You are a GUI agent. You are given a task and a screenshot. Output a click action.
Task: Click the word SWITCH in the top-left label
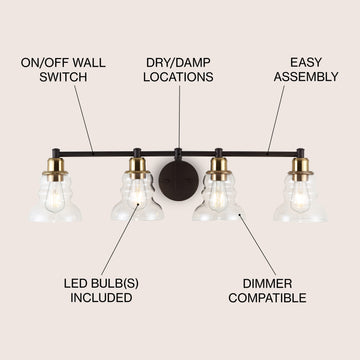(63, 77)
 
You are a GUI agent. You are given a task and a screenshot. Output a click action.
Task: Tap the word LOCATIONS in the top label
(178, 77)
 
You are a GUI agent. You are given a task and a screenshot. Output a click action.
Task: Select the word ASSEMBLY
(306, 77)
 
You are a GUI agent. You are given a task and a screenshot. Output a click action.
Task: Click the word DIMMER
(267, 284)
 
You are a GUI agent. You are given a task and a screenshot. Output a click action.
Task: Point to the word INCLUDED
(101, 298)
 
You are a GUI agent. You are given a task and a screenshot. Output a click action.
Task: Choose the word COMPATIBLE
(267, 298)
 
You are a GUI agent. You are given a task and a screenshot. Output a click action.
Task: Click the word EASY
(306, 63)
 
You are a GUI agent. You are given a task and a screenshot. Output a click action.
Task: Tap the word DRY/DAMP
(178, 63)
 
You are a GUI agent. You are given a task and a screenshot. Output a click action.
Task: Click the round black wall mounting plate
(179, 181)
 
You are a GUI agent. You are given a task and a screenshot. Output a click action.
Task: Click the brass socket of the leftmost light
(55, 170)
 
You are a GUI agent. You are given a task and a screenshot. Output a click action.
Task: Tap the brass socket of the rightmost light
(301, 170)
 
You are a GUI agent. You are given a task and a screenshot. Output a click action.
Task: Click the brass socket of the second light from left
(137, 169)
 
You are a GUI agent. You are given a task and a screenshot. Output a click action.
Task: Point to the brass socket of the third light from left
(219, 169)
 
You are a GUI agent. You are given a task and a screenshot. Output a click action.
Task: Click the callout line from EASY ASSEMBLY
(276, 119)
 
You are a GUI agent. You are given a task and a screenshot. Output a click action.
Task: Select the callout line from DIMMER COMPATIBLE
(257, 245)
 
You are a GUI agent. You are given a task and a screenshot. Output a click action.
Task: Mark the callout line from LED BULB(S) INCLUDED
(120, 239)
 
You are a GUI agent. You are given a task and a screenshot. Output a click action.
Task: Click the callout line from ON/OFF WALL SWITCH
(83, 119)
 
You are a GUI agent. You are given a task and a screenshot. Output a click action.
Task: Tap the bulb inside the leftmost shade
(55, 199)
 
